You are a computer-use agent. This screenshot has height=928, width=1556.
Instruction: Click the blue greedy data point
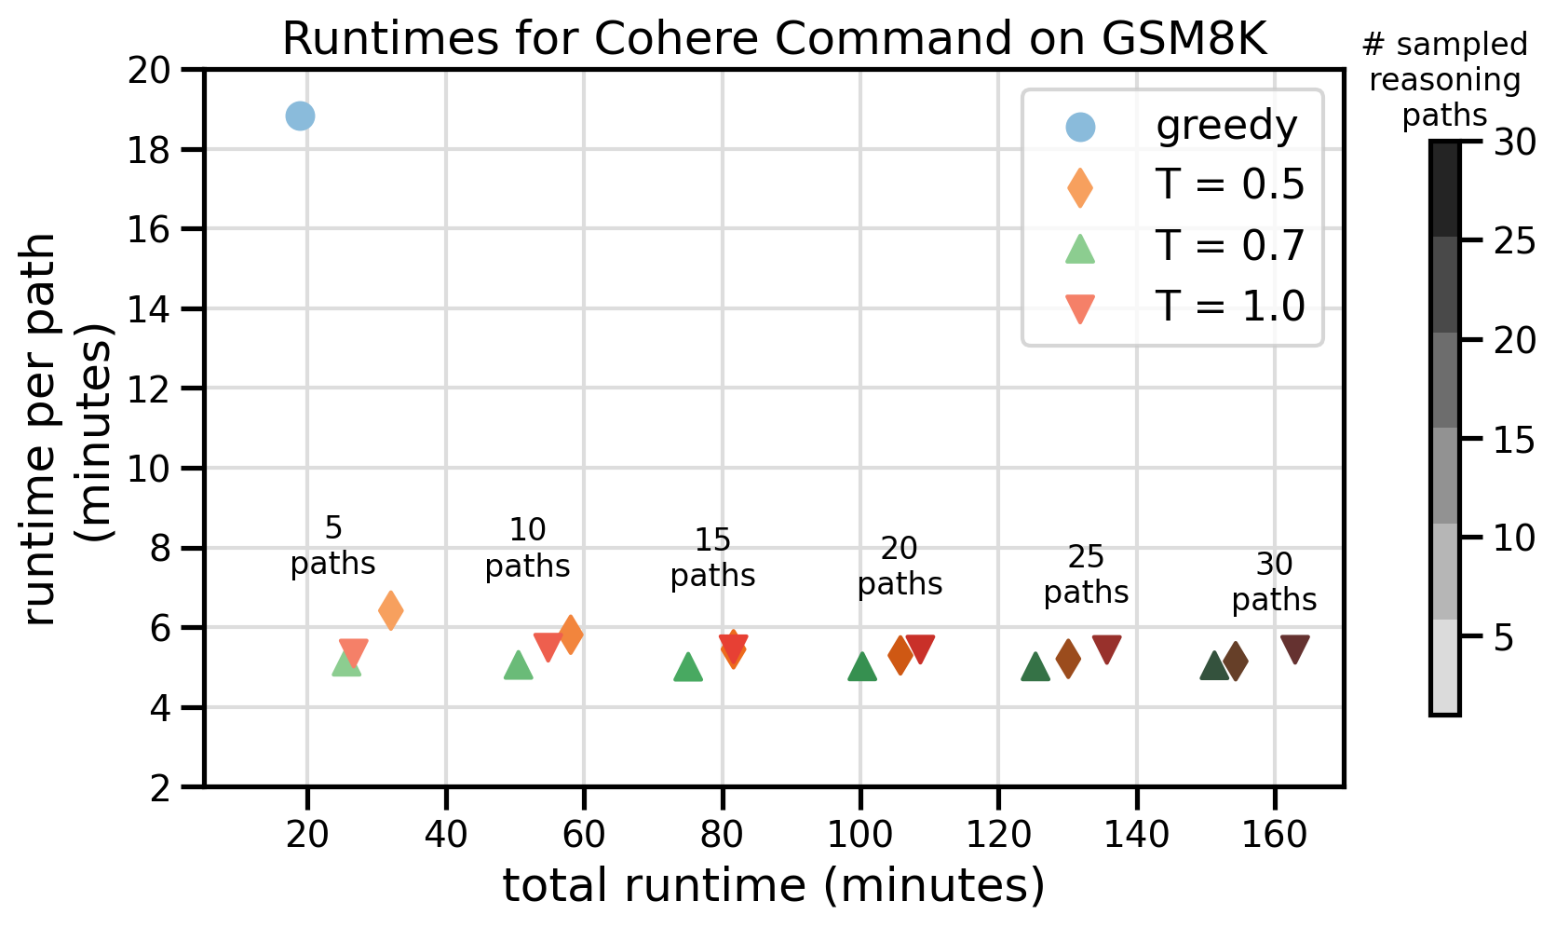click(300, 116)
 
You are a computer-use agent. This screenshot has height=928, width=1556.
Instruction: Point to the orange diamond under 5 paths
click(391, 611)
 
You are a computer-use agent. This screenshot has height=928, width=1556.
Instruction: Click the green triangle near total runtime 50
click(518, 665)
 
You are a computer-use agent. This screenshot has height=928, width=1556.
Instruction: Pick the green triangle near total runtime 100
click(862, 667)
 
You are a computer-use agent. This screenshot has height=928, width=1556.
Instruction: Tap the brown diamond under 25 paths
click(1068, 659)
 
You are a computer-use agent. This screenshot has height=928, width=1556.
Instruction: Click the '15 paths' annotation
click(713, 558)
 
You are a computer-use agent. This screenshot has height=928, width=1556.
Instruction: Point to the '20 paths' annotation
click(900, 566)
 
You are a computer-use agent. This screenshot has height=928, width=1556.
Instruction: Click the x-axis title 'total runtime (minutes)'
click(774, 885)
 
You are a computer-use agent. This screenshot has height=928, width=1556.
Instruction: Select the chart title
click(774, 39)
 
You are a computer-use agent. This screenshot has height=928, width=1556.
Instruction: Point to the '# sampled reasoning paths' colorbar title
click(1444, 80)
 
